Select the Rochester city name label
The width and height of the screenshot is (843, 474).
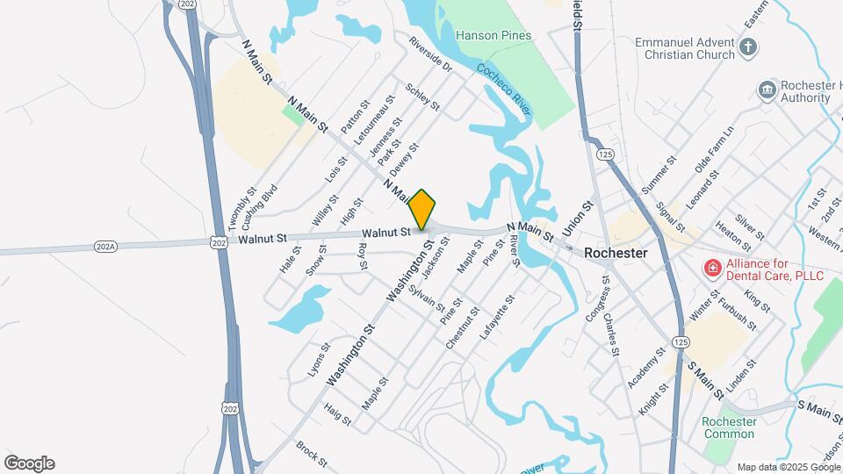[616, 252]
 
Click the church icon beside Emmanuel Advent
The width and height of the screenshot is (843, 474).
[747, 47]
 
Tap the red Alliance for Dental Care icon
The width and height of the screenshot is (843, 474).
[712, 268]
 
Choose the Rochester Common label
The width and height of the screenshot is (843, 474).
[729, 427]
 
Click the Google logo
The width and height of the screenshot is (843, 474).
[29, 463]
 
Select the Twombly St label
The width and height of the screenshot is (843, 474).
[241, 206]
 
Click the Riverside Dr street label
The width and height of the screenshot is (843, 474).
[429, 54]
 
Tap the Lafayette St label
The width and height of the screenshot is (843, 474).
[497, 318]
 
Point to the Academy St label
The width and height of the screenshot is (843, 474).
[647, 368]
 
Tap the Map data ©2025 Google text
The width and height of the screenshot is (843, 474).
[789, 466]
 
